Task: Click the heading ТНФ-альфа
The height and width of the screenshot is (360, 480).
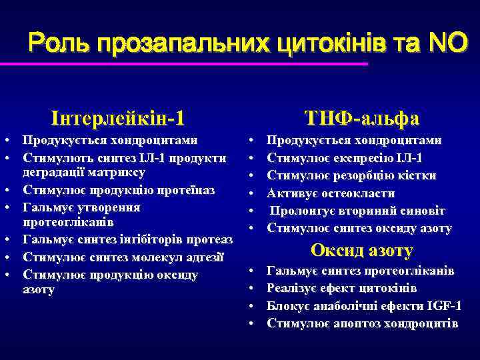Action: point(362,118)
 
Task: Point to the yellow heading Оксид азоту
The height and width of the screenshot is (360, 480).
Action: point(362,251)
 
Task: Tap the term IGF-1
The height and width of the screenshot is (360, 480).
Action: point(443,306)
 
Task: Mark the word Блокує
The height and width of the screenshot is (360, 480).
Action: point(286,306)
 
